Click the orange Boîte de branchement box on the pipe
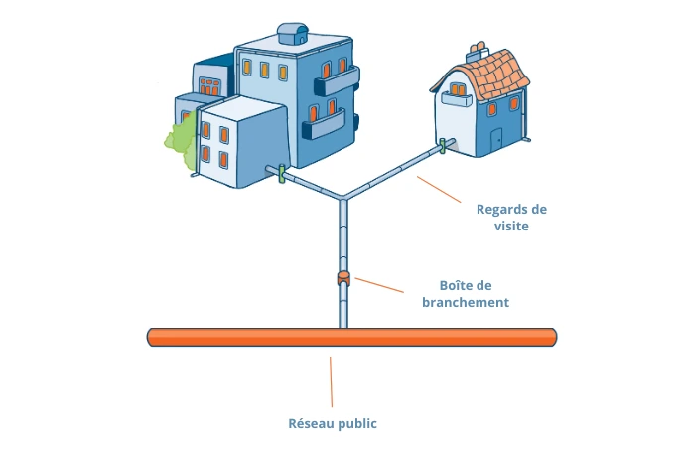coord(343,277)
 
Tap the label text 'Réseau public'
coord(333,423)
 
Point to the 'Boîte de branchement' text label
coord(474,293)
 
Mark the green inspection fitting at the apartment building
coord(282,175)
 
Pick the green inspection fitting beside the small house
coord(443,148)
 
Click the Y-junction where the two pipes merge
coord(343,197)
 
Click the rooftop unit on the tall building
coord(293,32)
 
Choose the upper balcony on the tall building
coord(337,72)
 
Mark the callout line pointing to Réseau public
coord(332,378)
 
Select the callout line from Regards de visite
coord(440,191)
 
